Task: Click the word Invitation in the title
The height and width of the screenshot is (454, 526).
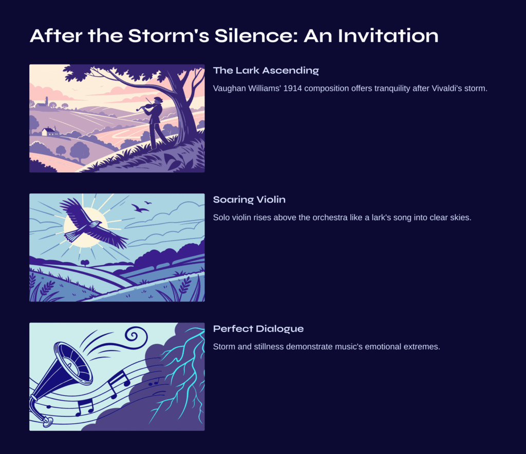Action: point(388,35)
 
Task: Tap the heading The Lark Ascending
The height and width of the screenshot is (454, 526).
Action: point(266,70)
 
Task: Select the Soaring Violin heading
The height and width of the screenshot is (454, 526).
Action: point(249,200)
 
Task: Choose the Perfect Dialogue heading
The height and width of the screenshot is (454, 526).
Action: point(258,329)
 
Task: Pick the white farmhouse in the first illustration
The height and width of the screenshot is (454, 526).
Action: point(50,131)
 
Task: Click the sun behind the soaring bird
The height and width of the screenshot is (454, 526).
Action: point(86,227)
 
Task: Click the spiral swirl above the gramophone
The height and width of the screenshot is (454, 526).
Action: point(135,335)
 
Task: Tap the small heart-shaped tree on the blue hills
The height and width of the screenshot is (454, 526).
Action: point(85,262)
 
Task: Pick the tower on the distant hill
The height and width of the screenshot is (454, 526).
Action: point(47,101)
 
